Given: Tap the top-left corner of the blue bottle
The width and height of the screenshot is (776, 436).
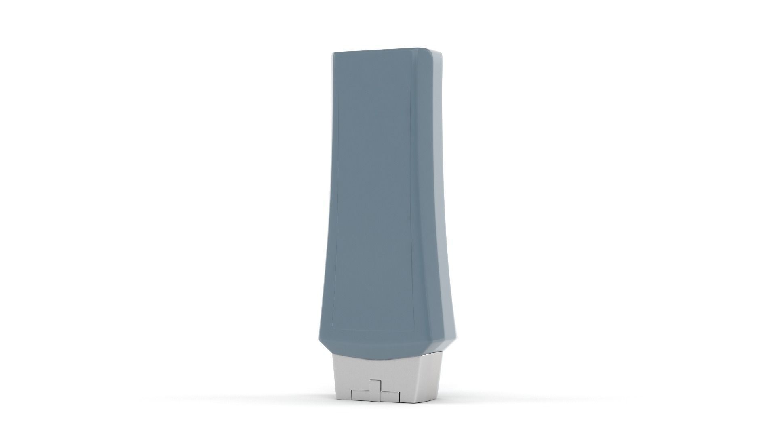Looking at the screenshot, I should [x=333, y=54].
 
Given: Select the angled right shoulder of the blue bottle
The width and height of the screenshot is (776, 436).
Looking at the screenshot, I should [x=447, y=347].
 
